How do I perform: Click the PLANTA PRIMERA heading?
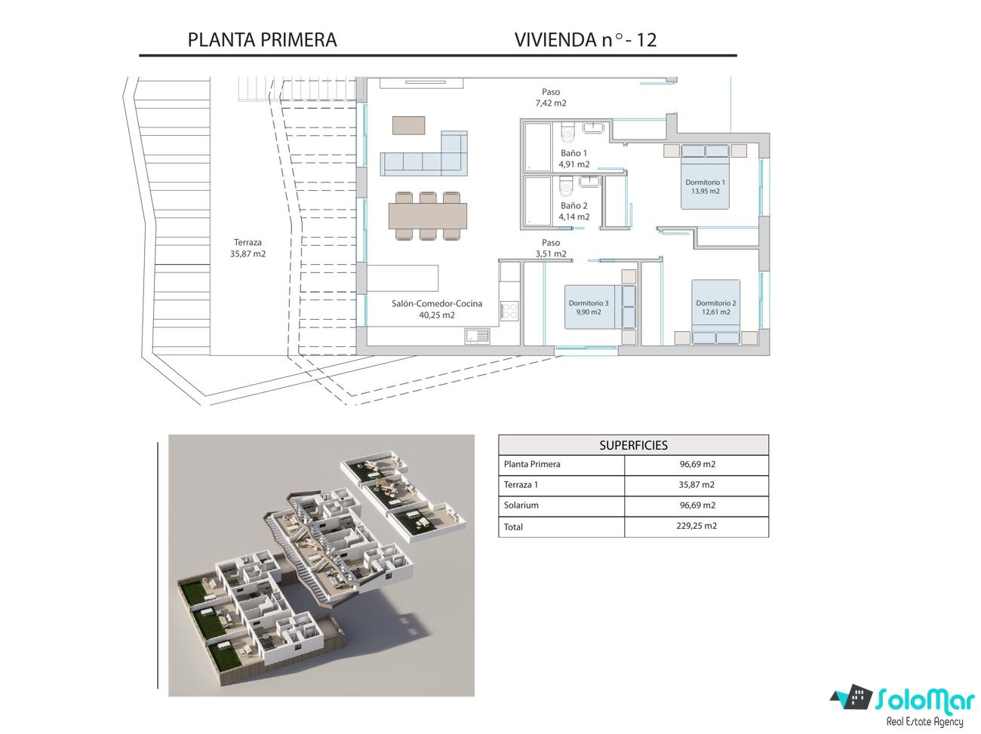tap(262, 40)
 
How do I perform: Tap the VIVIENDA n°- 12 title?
tap(586, 40)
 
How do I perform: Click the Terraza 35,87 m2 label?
tap(248, 248)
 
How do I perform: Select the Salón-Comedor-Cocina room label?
tap(437, 309)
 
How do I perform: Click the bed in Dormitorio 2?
tap(715, 312)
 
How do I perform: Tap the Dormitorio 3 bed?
tap(600, 307)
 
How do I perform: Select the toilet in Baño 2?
tap(566, 186)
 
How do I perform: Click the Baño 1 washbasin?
tap(593, 127)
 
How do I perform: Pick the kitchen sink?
tap(478, 336)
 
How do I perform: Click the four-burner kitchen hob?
tap(509, 312)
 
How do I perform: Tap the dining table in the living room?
tap(428, 217)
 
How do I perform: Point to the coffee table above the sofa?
tap(408, 125)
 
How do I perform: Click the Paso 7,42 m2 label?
tap(551, 97)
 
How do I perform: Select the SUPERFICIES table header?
tap(633, 445)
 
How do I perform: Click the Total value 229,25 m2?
tap(697, 526)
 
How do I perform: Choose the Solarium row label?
tap(521, 505)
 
